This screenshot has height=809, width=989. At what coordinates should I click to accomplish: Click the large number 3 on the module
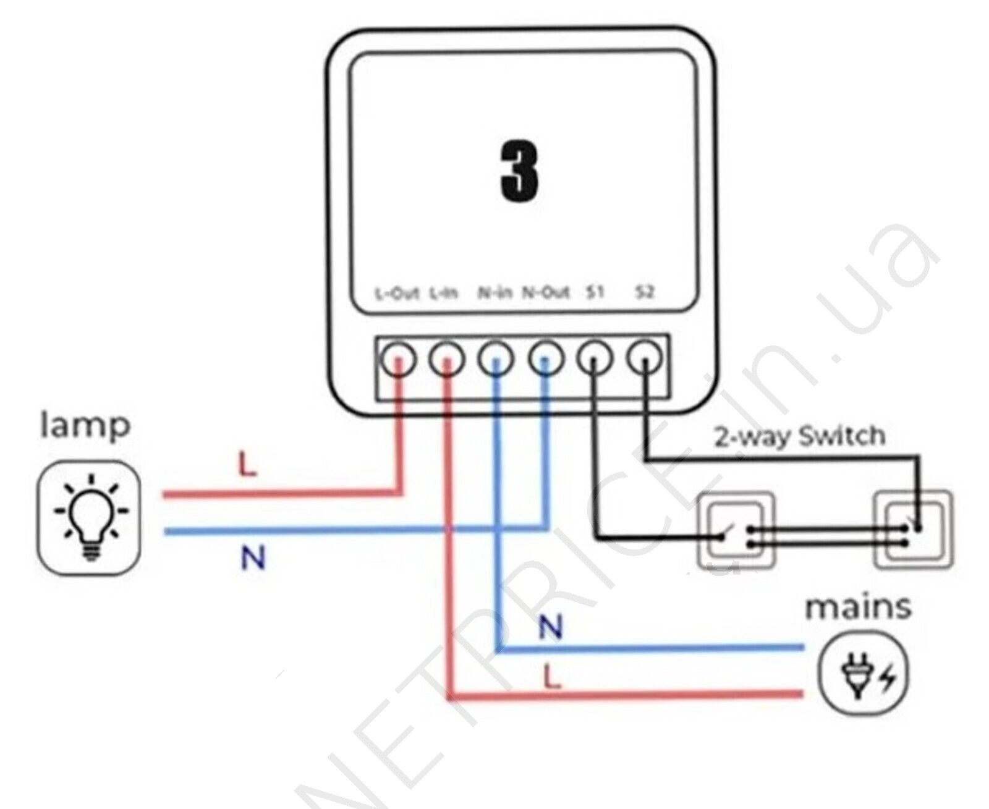pyautogui.click(x=519, y=171)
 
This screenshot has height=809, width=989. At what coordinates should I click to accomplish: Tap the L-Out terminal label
pyautogui.click(x=397, y=293)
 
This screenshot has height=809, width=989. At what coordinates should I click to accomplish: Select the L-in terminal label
pyautogui.click(x=444, y=293)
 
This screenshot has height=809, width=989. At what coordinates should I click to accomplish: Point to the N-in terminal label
pyautogui.click(x=494, y=292)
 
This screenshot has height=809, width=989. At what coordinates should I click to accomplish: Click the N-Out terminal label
pyautogui.click(x=545, y=292)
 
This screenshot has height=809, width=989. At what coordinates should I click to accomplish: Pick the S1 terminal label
pyautogui.click(x=595, y=292)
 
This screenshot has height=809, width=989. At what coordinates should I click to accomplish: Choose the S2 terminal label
pyautogui.click(x=644, y=292)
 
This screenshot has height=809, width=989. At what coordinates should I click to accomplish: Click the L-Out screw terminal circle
pyautogui.click(x=398, y=358)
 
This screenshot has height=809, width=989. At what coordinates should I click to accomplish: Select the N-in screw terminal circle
pyautogui.click(x=496, y=358)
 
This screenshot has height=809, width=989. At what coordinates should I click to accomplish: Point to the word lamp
pyautogui.click(x=85, y=426)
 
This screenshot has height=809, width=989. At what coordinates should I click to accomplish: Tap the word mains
pyautogui.click(x=857, y=608)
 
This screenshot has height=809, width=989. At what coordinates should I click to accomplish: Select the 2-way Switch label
pyautogui.click(x=800, y=436)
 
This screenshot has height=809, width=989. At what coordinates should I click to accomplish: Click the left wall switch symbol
pyautogui.click(x=736, y=530)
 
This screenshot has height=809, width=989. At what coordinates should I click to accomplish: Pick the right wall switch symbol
pyautogui.click(x=912, y=530)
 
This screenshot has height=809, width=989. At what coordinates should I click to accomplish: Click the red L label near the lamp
pyautogui.click(x=247, y=465)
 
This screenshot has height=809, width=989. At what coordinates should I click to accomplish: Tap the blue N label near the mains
pyautogui.click(x=550, y=628)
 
